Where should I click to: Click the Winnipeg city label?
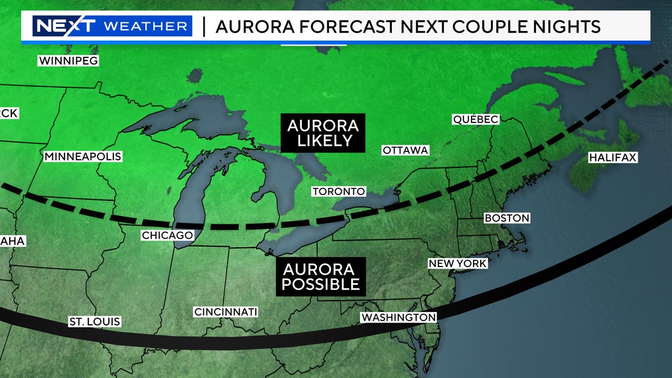[x=68, y=61]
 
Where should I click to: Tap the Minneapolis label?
[x=83, y=157]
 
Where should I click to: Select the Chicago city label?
[x=167, y=236]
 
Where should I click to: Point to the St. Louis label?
[x=94, y=322]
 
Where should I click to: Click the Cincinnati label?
[x=225, y=312]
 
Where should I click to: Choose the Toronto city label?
[x=339, y=192]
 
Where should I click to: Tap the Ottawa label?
[x=405, y=150]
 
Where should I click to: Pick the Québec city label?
[x=475, y=120]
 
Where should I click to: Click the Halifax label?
[x=613, y=158]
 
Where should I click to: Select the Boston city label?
[x=507, y=218]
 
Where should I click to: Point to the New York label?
[x=458, y=264]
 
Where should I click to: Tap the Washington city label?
[x=399, y=317]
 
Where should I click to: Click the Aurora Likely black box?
[x=323, y=133]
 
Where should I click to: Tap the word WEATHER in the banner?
[x=146, y=26]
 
